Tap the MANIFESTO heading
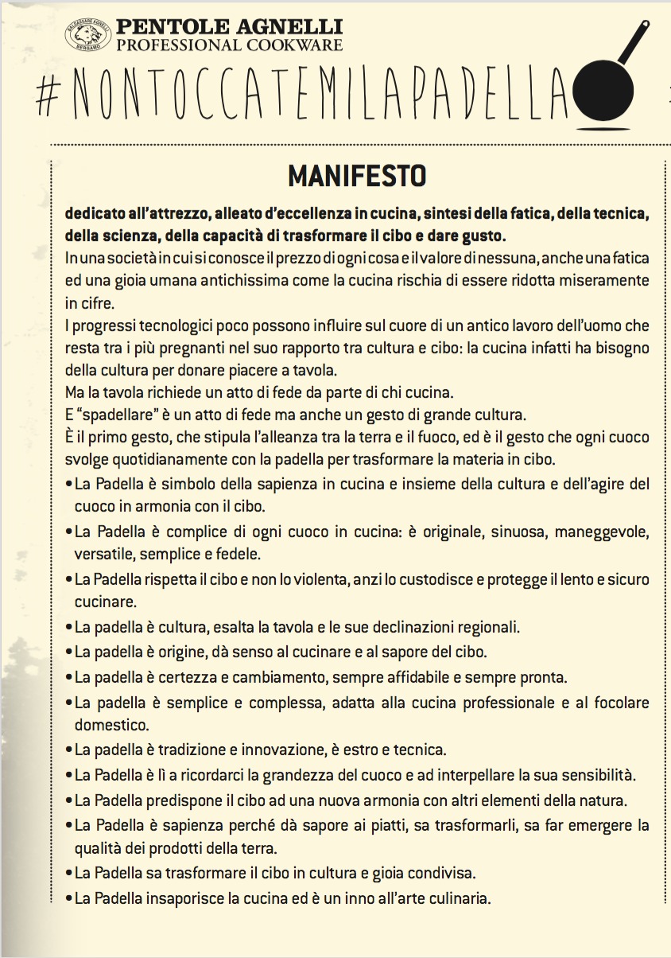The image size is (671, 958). pos(357,175)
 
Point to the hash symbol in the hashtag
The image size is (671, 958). pos(50,93)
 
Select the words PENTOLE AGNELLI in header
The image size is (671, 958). pos(229,28)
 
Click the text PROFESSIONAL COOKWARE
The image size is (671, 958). pos(229,45)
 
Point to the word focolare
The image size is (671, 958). pos(619,703)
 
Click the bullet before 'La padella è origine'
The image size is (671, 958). pos(68,652)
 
